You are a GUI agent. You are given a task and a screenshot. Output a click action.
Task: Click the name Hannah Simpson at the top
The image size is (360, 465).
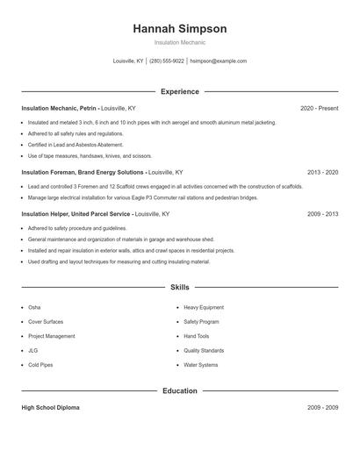[x=179, y=29]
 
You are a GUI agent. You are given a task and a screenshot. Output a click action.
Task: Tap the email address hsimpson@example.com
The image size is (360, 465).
[x=218, y=61]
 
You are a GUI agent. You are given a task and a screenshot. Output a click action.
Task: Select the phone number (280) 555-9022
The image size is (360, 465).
[x=167, y=61]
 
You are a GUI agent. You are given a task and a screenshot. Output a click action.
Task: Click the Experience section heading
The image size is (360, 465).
[x=179, y=91]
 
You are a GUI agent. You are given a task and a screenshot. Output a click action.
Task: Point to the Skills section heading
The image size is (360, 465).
[x=179, y=287]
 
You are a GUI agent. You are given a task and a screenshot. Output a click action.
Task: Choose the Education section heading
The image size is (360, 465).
[x=179, y=390]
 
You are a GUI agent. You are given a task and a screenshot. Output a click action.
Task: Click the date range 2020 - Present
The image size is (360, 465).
[x=319, y=109]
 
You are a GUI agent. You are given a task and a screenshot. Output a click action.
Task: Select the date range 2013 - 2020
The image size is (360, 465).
[x=322, y=173]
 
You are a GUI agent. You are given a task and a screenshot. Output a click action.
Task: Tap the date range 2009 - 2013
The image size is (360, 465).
[x=322, y=213]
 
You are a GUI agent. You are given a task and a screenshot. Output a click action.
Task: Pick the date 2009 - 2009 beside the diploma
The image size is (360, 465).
[x=322, y=408]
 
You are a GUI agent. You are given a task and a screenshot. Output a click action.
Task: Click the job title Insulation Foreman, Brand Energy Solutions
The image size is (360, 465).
[x=83, y=173]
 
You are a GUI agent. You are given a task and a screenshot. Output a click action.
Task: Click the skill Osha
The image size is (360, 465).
[x=34, y=308]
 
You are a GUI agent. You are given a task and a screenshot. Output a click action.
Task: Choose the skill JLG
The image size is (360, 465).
[x=33, y=350]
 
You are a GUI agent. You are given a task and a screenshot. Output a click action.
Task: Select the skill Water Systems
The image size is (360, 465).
[x=200, y=364]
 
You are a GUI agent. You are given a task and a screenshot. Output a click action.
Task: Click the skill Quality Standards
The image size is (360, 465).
[x=204, y=350]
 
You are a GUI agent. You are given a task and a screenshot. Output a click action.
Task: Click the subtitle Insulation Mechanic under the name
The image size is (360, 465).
[x=179, y=42]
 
